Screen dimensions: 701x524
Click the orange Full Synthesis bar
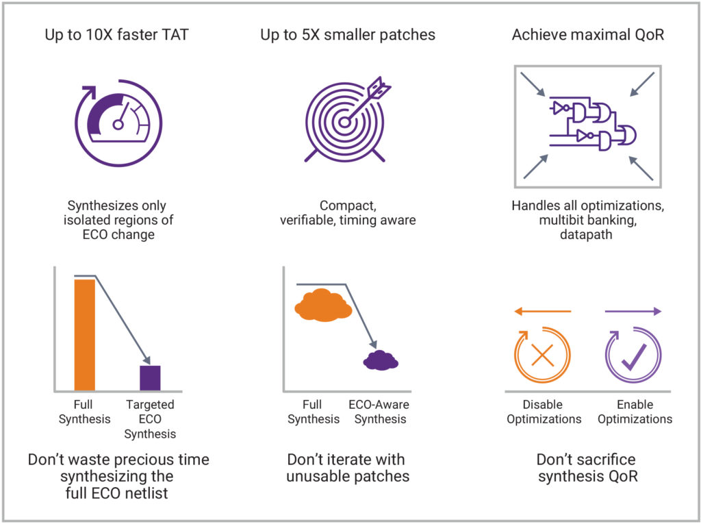click(x=84, y=335)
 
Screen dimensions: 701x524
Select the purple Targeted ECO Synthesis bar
click(x=150, y=378)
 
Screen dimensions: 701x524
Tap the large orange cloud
click(x=323, y=305)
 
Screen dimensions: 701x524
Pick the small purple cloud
click(x=381, y=360)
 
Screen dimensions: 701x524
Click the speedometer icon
click(x=118, y=123)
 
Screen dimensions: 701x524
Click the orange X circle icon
click(x=543, y=355)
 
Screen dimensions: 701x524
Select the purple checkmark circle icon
click(x=633, y=355)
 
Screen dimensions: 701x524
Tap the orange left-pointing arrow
click(x=543, y=312)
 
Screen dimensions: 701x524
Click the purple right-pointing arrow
click(x=633, y=312)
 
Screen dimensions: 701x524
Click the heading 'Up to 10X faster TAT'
click(x=116, y=35)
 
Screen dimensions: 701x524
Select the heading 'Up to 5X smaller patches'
click(x=348, y=35)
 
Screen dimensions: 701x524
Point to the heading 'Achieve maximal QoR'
click(x=588, y=35)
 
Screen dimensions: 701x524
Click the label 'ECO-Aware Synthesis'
click(x=379, y=412)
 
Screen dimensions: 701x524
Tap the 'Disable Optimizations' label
click(x=544, y=412)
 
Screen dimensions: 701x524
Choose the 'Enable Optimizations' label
click(x=635, y=412)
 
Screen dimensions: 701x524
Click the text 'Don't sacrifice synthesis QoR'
click(x=587, y=468)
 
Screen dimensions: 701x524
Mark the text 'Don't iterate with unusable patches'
click(x=347, y=468)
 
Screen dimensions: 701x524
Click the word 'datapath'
click(x=586, y=234)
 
